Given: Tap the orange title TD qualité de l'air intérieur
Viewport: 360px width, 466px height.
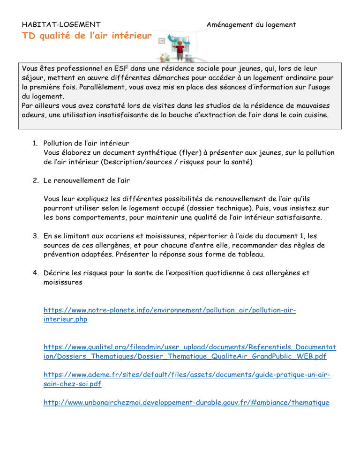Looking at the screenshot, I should click(87, 38).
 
